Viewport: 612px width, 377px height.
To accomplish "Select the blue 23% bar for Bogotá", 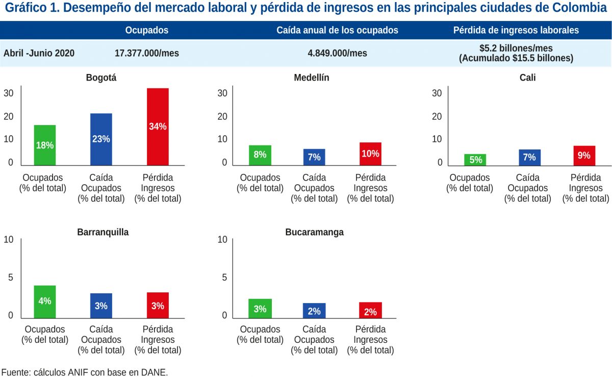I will [101, 139].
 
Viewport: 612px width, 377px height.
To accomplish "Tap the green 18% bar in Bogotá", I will [45, 145].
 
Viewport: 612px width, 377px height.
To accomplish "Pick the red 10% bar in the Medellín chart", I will [370, 154].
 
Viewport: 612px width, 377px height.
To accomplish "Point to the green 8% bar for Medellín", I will [260, 155].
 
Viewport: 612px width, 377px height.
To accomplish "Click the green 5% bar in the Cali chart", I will [475, 159].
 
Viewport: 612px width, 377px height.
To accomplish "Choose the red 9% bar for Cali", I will [584, 155].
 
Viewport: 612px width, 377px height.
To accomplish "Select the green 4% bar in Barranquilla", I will [45, 301].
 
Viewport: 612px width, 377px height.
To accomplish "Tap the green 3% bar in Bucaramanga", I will [260, 308].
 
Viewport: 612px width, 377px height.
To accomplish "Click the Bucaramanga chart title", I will [314, 232].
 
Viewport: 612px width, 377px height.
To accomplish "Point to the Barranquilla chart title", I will [103, 232].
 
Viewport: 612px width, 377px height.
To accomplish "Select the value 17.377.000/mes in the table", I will [147, 53].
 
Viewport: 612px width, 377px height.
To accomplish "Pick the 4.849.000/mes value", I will [337, 53].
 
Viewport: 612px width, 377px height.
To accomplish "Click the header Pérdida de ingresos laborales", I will [516, 30].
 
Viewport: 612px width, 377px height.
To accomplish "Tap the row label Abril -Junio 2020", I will [39, 53].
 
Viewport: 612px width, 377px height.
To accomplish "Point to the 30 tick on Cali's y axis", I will [437, 93].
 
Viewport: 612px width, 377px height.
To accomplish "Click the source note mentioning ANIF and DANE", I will [85, 372].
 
